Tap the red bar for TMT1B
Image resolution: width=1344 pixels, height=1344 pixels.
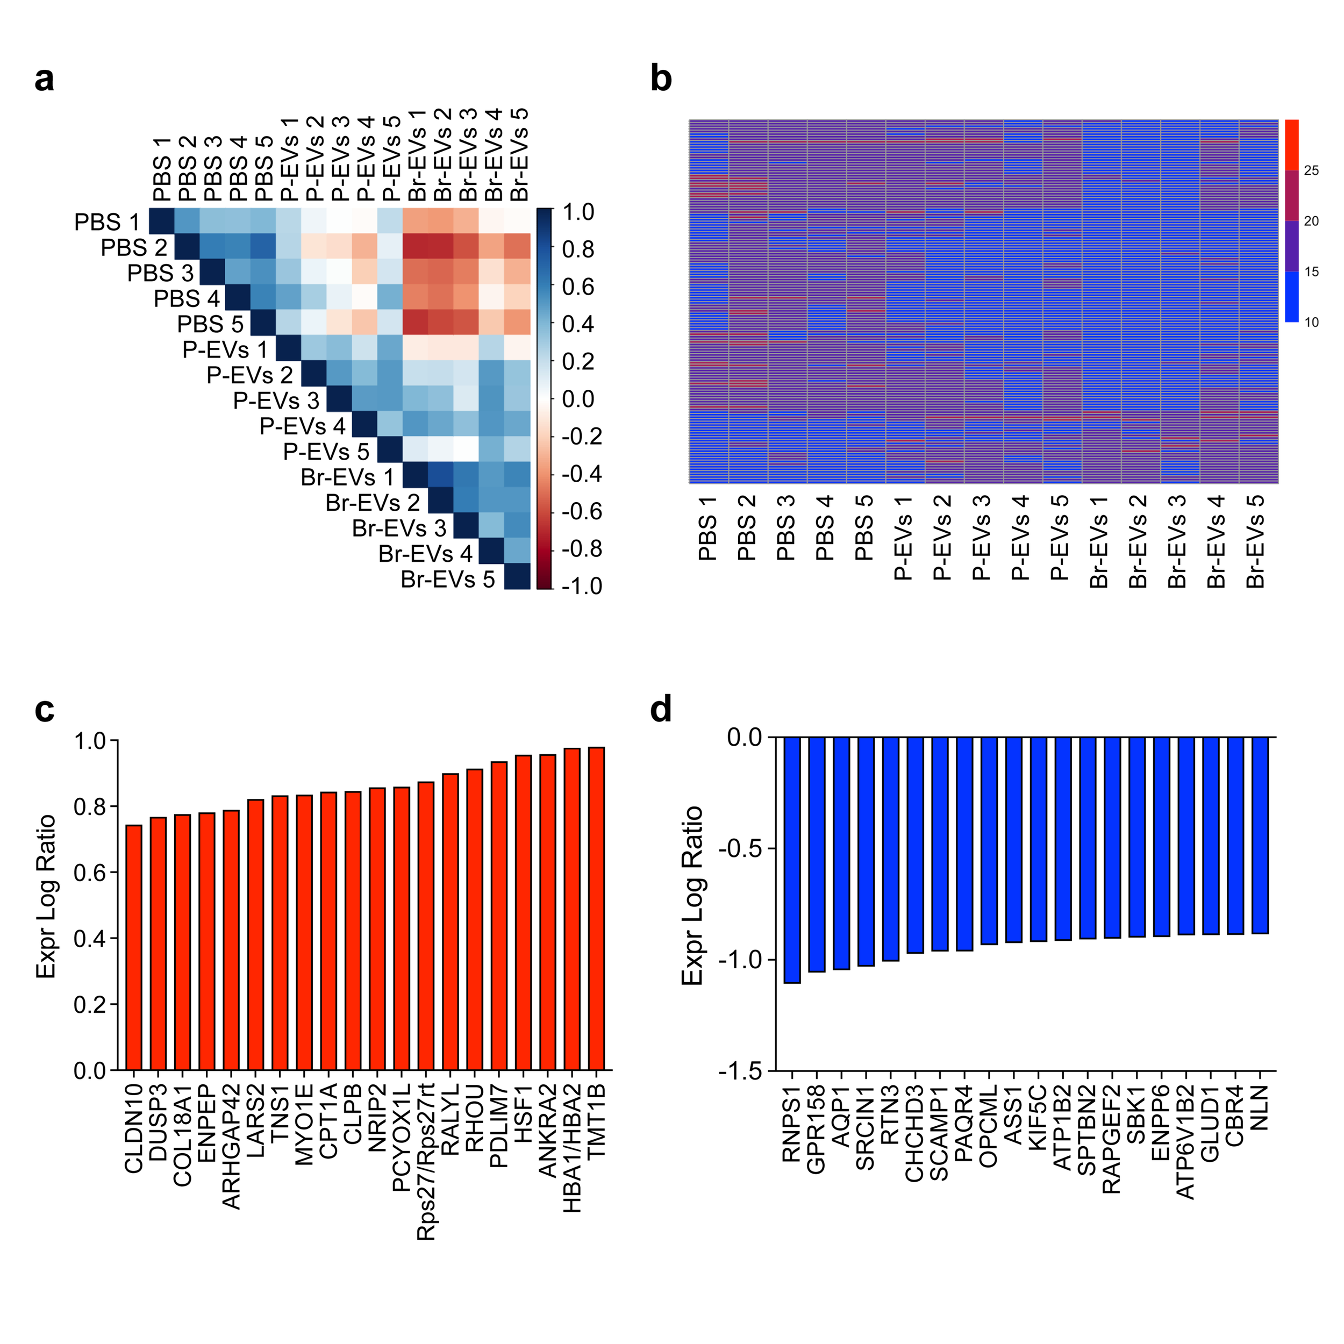click(x=596, y=908)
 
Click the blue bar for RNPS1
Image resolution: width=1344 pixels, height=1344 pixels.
click(x=792, y=860)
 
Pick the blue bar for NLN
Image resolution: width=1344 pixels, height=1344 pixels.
click(x=1260, y=835)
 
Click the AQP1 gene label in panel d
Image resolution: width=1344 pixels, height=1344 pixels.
click(x=841, y=1117)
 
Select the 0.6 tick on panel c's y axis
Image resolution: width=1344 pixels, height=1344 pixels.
click(x=90, y=873)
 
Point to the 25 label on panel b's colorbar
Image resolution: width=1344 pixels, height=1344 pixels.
click(x=1311, y=171)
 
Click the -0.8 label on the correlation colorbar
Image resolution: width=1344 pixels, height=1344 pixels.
click(x=582, y=549)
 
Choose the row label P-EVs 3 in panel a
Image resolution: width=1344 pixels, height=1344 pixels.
click(x=276, y=401)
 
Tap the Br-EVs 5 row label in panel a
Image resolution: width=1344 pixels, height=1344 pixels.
click(x=447, y=580)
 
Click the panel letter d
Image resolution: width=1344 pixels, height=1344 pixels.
click(x=660, y=710)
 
